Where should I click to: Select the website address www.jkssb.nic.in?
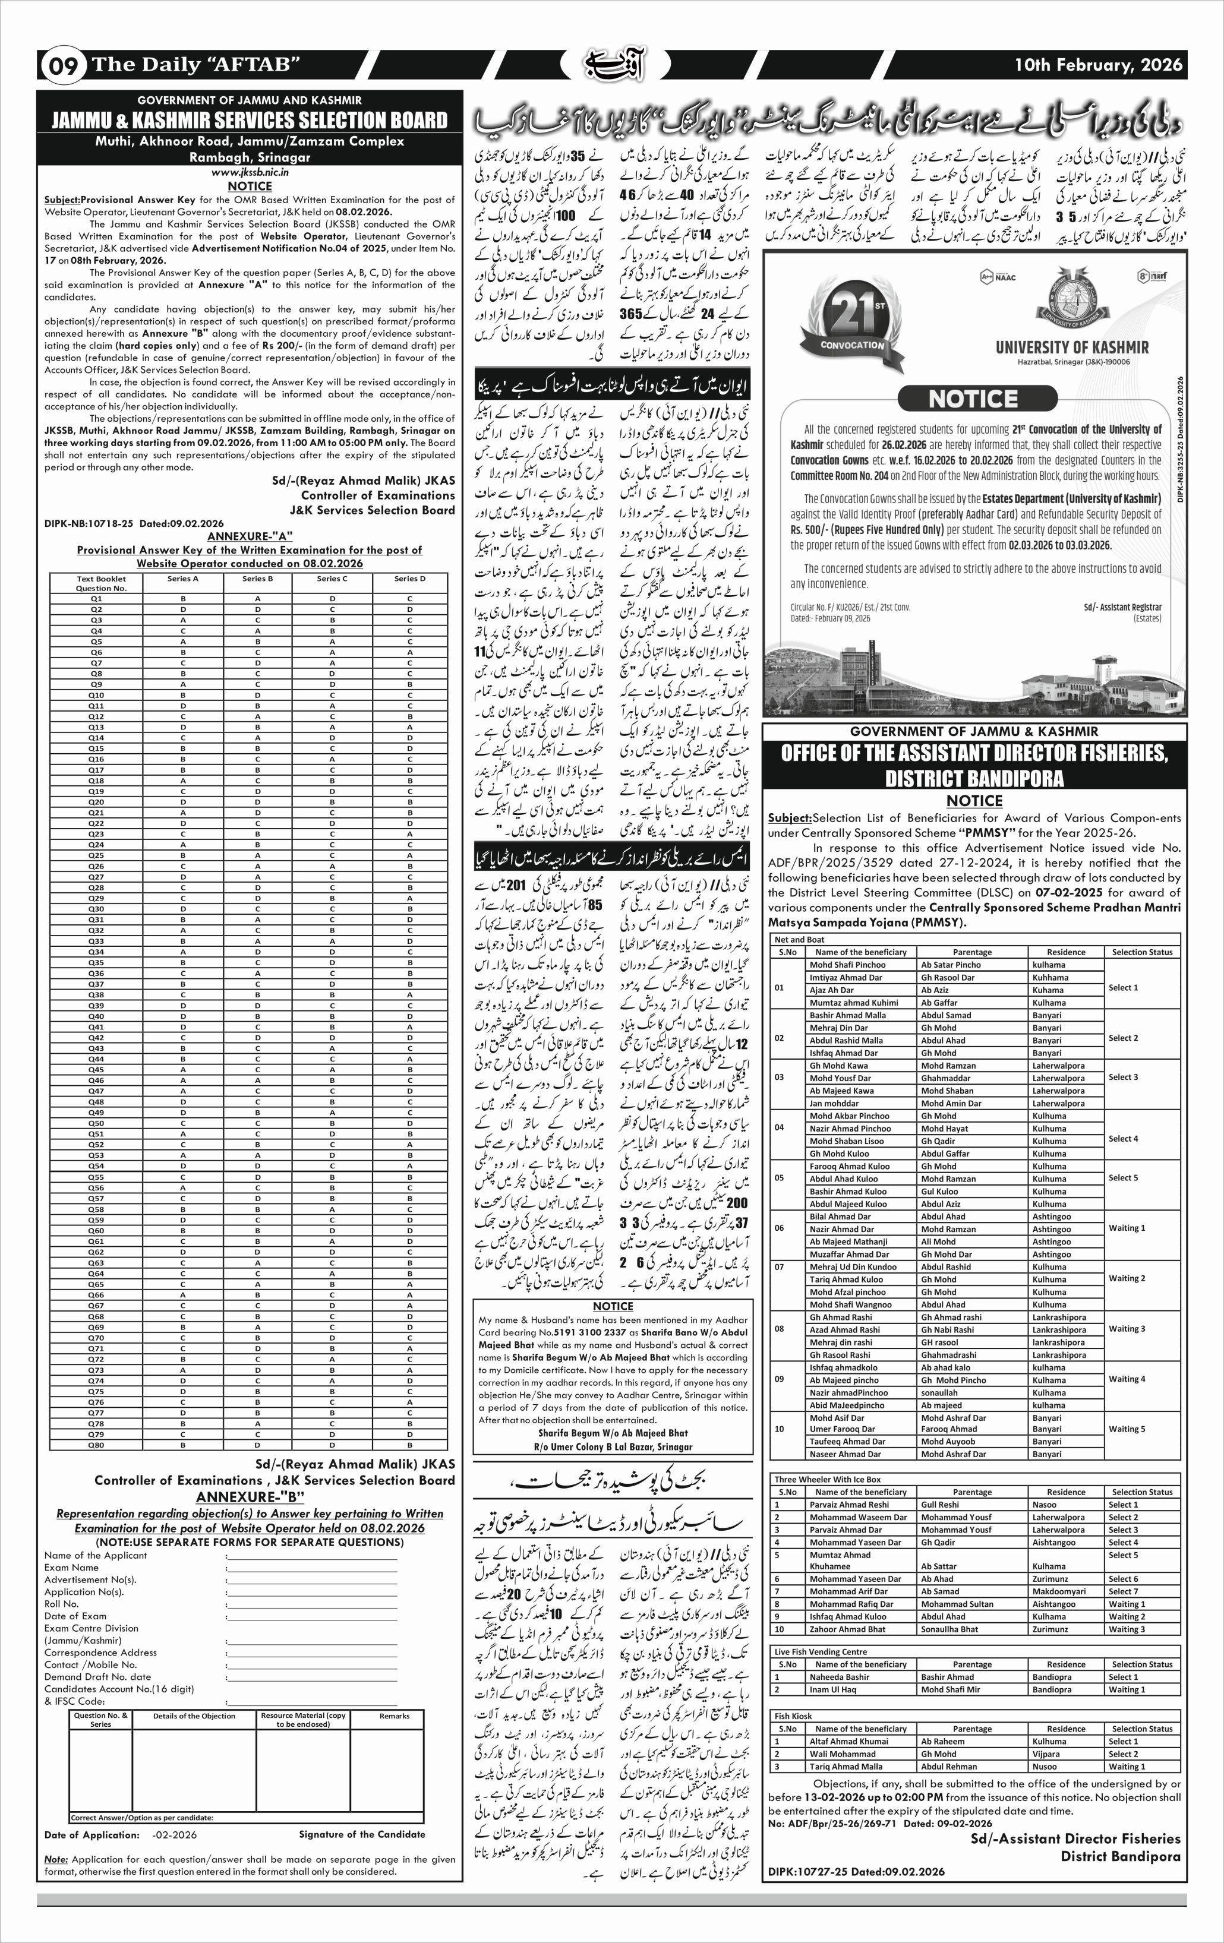click(x=250, y=172)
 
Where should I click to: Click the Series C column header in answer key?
click(x=332, y=579)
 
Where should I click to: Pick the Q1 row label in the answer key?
click(x=96, y=599)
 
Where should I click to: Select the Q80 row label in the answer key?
click(x=96, y=1445)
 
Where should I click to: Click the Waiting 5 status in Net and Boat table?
click(x=1127, y=1429)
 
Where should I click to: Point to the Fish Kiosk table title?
click(x=793, y=1716)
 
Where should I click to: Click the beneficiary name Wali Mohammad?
click(x=831, y=1754)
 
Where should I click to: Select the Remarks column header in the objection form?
click(x=394, y=1716)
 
